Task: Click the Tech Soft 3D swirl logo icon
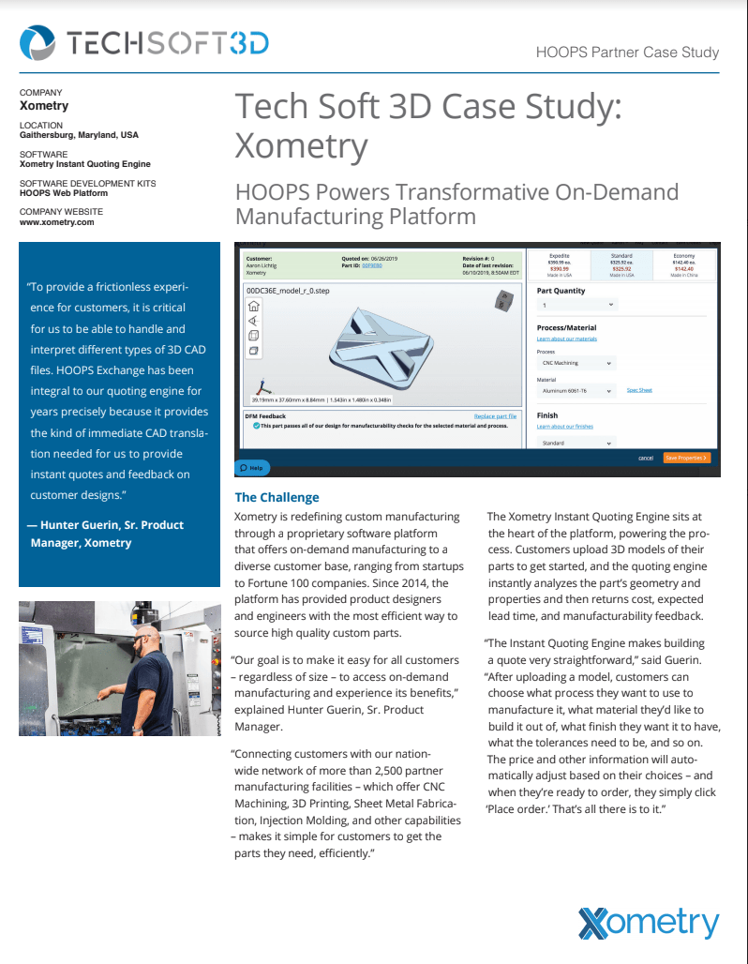[x=38, y=43]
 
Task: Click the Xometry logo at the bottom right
[x=649, y=923]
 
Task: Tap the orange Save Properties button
[x=687, y=458]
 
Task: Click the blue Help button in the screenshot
[x=251, y=467]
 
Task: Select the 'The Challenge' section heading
[x=277, y=497]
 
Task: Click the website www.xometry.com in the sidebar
[x=56, y=222]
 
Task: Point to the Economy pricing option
[x=684, y=263]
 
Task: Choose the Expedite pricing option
[x=560, y=263]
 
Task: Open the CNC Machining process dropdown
[x=576, y=363]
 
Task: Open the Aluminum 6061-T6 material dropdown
[x=576, y=390]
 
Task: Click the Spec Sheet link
[x=639, y=390]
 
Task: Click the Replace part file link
[x=495, y=415]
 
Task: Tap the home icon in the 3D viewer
[x=253, y=307]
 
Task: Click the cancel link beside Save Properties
[x=646, y=458]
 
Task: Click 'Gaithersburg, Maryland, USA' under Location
[x=79, y=135]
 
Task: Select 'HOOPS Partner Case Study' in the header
[x=627, y=53]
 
